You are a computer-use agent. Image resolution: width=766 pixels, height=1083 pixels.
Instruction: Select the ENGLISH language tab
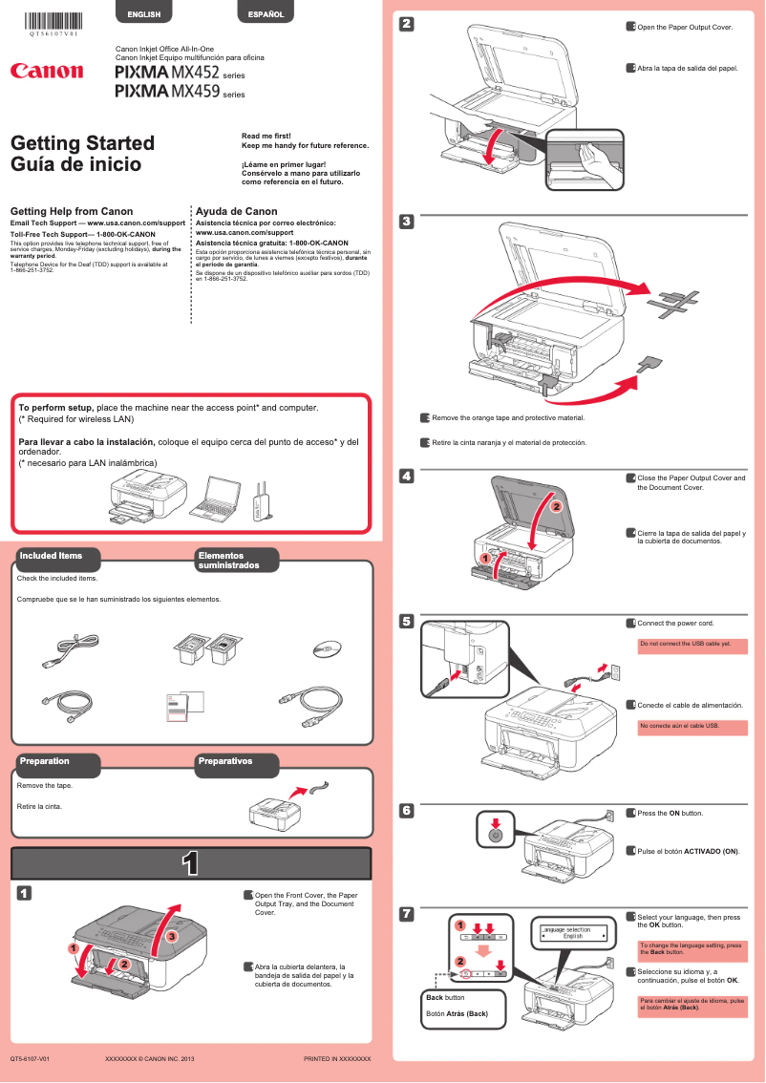click(143, 14)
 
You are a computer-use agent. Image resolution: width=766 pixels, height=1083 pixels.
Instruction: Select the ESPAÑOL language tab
click(265, 14)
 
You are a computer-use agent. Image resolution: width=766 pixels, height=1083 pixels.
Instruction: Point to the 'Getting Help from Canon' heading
click(71, 211)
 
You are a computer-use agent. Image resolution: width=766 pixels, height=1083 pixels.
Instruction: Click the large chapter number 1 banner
click(190, 863)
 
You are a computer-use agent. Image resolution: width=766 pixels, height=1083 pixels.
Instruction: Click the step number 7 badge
click(406, 915)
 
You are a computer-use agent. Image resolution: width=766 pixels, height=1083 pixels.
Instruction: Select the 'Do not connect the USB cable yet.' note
click(692, 645)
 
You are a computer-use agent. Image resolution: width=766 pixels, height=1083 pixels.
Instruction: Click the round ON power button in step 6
click(494, 835)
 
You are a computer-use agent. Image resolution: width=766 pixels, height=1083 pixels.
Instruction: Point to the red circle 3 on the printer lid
click(172, 937)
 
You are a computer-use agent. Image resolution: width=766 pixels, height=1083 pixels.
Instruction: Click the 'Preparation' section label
click(46, 761)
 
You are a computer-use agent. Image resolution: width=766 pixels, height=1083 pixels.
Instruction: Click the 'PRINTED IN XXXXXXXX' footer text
click(336, 1059)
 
